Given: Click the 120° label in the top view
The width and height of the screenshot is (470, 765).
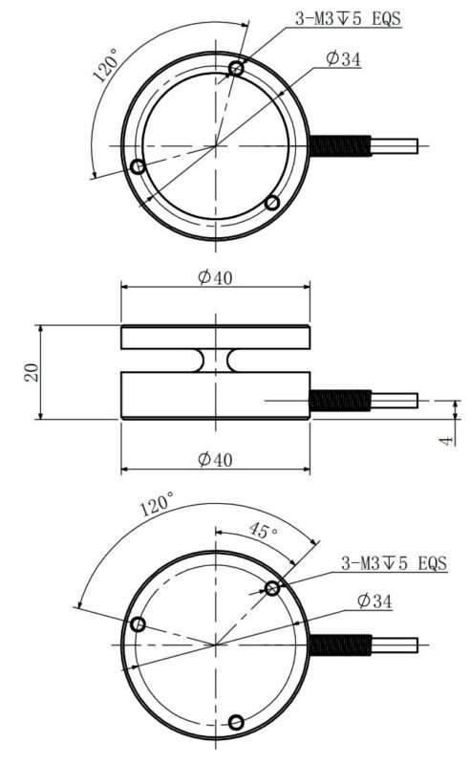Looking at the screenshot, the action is [x=105, y=64].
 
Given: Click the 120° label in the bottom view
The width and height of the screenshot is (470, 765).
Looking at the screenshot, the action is [x=157, y=504].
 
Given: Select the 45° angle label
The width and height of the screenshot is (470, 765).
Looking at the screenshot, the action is [x=263, y=531].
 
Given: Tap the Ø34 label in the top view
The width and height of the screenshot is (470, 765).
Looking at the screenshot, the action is [x=343, y=59].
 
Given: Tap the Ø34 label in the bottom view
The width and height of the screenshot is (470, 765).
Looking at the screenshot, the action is [x=374, y=601].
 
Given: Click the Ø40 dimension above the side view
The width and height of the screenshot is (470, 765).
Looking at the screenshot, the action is [x=215, y=277].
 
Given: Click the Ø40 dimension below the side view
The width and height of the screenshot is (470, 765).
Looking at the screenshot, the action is [x=215, y=459].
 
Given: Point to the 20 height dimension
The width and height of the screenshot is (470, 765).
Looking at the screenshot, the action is [x=32, y=372].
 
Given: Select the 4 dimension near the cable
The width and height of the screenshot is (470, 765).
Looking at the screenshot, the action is [x=445, y=441].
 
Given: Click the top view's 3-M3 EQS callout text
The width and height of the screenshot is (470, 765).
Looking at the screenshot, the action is [x=348, y=18].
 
